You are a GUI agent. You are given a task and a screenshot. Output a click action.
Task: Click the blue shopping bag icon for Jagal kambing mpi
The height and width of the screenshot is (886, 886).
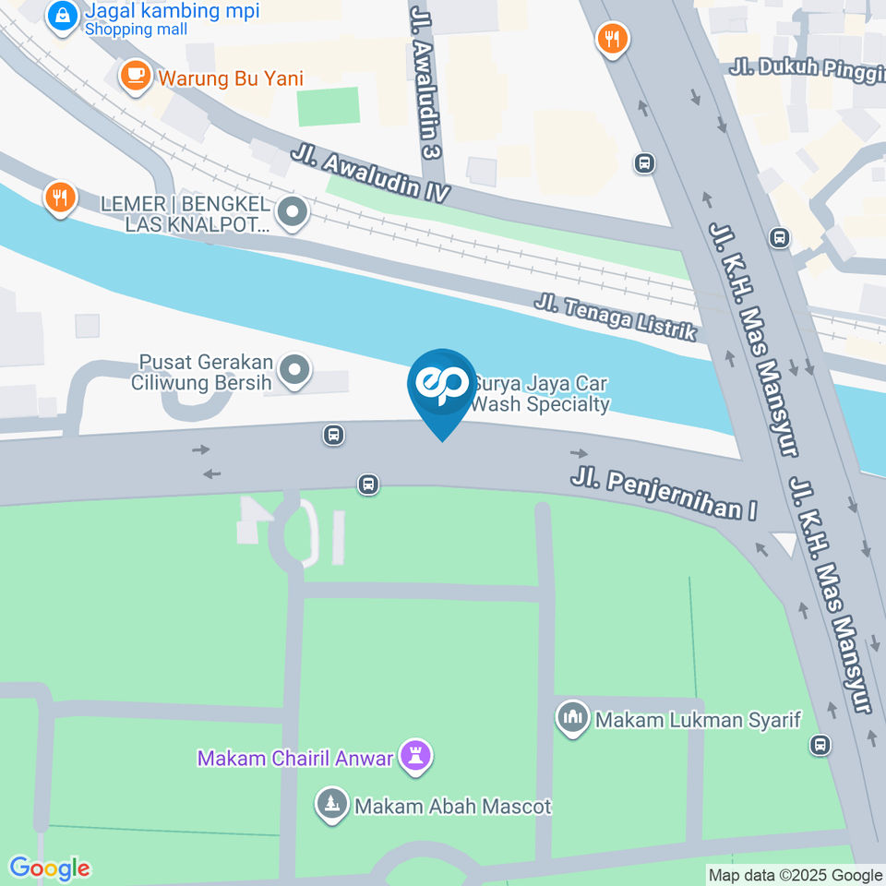[63, 16]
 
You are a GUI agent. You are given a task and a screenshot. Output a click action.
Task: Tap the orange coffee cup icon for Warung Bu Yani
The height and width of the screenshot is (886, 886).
[137, 76]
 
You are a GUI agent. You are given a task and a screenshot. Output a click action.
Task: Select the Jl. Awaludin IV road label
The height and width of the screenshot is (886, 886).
[370, 174]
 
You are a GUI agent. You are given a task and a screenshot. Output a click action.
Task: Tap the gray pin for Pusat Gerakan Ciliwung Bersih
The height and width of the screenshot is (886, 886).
[294, 371]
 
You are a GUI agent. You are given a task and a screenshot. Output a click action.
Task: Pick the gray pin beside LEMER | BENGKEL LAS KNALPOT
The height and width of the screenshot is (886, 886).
[293, 213]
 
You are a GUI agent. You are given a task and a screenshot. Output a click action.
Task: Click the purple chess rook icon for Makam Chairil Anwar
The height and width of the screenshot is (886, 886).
[415, 758]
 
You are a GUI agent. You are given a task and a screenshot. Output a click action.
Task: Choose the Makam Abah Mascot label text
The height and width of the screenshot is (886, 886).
[453, 807]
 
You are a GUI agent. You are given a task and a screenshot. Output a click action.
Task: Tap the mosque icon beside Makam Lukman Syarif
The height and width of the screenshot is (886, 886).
[573, 717]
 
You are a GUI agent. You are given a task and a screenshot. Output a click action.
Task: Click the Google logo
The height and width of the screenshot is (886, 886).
[50, 868]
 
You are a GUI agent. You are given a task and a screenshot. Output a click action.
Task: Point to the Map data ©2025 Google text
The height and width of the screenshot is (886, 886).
[795, 875]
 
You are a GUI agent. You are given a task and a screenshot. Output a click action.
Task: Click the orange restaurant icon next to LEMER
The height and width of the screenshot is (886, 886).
[60, 197]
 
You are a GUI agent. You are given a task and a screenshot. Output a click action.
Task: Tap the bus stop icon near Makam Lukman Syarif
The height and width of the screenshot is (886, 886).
[820, 744]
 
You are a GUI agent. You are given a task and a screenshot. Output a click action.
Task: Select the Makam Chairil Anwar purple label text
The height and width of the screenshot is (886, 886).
[295, 759]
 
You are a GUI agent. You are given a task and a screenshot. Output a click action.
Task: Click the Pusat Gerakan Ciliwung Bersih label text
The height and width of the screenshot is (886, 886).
[202, 372]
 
